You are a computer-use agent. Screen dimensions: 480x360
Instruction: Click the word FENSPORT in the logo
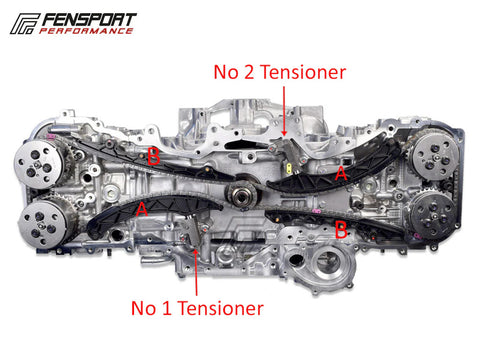[x=89, y=20]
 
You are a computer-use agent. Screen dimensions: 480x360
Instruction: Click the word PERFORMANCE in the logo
[x=86, y=31]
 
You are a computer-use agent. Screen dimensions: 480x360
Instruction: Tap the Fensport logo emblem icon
[x=25, y=24]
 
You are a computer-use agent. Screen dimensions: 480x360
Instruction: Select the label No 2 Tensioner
[x=280, y=72]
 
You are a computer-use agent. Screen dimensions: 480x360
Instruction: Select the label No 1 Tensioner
[x=197, y=308]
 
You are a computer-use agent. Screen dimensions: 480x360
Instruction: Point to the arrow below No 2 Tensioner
[x=284, y=111]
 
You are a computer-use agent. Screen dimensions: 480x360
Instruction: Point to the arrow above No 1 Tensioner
[x=196, y=272]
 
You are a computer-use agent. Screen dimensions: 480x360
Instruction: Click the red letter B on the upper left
[x=153, y=156]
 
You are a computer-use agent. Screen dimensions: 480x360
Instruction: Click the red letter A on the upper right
[x=341, y=173]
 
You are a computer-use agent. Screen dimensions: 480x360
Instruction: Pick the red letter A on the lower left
[x=142, y=209]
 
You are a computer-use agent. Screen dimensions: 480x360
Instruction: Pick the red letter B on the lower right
[x=341, y=231]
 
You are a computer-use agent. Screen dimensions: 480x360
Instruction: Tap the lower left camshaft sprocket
[x=44, y=223]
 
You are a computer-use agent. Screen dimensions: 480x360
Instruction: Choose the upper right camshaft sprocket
[x=434, y=155]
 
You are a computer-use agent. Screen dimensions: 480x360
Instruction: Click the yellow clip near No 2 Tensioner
[x=290, y=167]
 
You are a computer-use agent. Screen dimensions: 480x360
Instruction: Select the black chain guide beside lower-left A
[x=153, y=213]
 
